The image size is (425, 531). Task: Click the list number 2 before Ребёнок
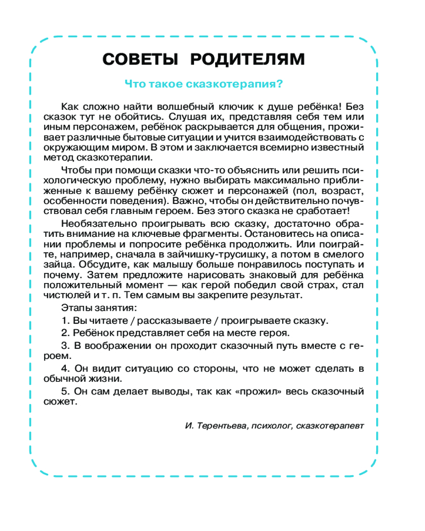pos(64,333)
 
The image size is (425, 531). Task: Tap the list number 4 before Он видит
pos(64,369)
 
